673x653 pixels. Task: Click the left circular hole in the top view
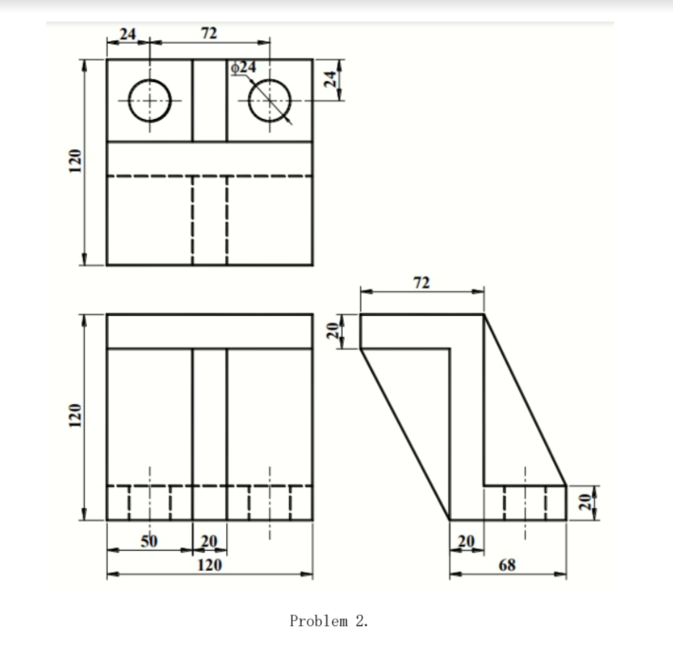coord(149,101)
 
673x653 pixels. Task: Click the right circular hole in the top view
coord(270,101)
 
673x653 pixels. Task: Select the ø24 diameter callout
coord(245,65)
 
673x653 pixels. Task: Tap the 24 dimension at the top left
coord(128,34)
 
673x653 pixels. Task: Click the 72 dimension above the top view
coord(210,34)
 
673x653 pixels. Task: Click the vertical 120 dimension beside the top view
coord(75,162)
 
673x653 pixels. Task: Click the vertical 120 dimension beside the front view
coord(75,417)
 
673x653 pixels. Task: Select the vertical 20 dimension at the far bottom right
coord(586,502)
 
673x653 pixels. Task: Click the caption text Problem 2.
coord(329,621)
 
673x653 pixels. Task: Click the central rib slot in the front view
coord(210,415)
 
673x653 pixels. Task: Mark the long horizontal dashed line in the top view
coord(210,176)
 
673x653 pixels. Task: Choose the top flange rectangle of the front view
coord(210,331)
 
